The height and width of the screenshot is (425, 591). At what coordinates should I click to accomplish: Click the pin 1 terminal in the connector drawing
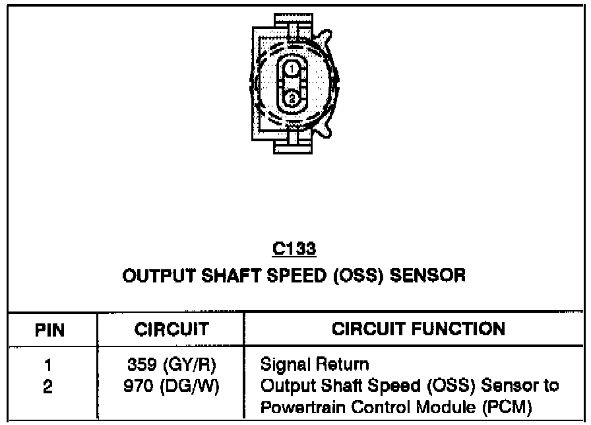[291, 67]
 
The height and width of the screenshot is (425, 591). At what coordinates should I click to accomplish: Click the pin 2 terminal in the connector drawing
[291, 99]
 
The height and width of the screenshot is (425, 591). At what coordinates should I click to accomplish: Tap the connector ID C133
[294, 249]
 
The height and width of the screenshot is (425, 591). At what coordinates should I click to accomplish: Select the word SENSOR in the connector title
[433, 275]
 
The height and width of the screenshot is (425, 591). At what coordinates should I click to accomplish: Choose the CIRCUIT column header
[171, 329]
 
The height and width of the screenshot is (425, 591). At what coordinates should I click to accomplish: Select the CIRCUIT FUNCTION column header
[418, 329]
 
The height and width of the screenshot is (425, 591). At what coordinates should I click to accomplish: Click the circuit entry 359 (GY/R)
[171, 365]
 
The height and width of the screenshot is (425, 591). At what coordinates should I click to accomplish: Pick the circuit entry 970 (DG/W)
[171, 385]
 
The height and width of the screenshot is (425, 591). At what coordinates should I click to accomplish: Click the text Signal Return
[315, 364]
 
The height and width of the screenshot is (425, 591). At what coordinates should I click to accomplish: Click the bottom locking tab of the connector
[296, 139]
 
